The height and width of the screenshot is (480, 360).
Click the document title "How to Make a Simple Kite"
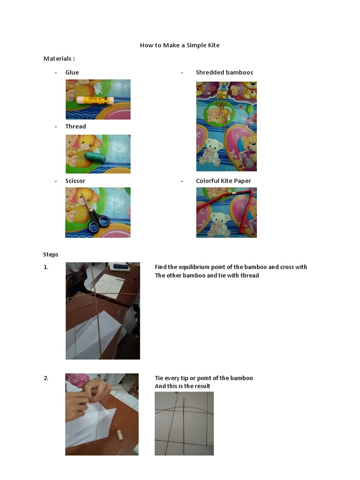point(180,45)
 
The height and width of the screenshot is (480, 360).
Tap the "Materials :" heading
point(59,59)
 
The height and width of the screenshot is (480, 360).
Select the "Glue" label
point(72,73)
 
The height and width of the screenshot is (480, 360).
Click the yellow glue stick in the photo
point(95,100)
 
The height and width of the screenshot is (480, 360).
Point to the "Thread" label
point(75,127)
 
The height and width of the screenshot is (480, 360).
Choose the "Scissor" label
point(75,181)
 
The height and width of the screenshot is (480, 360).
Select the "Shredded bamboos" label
point(225,73)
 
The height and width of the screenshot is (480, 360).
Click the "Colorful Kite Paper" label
point(224,181)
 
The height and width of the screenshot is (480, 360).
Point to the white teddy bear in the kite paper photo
point(218,225)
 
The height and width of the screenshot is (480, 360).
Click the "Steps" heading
point(51,255)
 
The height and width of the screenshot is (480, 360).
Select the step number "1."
point(46,267)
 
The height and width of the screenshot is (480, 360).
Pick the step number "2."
point(46,378)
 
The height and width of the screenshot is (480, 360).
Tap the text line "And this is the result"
point(182,386)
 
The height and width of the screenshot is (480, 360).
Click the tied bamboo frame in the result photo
point(184,422)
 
